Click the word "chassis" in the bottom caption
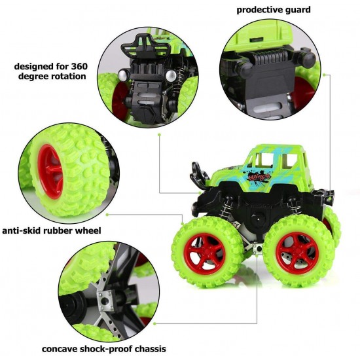click(147, 348)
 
